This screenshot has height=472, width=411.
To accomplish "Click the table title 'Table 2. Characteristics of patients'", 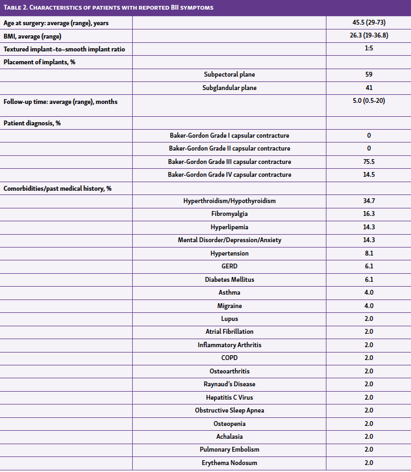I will point(107,8).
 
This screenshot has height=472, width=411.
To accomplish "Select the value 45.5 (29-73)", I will point(369,23).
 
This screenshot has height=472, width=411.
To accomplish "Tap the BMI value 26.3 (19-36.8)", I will point(369,36).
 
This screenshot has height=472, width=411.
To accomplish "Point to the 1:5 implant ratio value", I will point(369,49).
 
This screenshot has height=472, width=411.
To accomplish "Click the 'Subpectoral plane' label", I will point(230,74).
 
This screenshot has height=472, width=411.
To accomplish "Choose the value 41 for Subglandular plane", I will point(369,88).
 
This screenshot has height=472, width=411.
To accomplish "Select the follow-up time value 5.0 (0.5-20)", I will point(369,101).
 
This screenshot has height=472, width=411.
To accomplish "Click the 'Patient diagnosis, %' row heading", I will point(32,123).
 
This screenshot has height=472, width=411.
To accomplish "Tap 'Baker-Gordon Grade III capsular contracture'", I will point(230,162).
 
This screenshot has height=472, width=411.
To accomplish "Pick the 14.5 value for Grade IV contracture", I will point(369,175).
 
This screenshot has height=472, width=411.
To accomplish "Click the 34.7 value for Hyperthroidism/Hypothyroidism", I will point(369,201).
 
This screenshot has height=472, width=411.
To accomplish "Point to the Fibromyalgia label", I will point(230,214).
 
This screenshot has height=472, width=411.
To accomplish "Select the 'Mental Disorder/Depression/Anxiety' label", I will point(230,240).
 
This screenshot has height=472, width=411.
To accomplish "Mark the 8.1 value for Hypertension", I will point(369,253).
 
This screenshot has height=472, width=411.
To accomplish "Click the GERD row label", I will point(230,266).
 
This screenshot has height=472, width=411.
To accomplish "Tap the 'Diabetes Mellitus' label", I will point(230,280).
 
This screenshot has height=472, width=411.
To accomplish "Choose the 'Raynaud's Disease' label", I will point(230,384).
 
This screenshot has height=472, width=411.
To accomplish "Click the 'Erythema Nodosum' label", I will point(230,463).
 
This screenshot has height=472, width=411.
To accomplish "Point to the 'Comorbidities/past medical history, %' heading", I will point(57,188).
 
